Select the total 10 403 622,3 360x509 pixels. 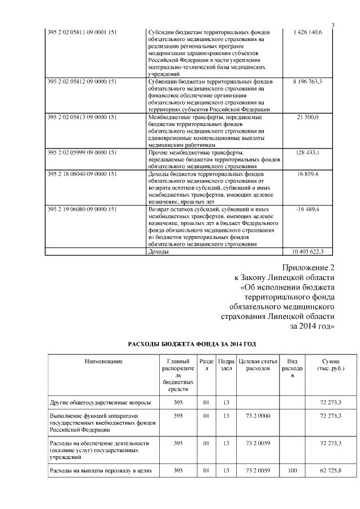tap(308, 251)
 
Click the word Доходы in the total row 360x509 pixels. tap(157, 251)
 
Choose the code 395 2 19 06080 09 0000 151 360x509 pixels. tap(83, 210)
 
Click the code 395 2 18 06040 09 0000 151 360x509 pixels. tap(83, 175)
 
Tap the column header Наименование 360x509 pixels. tap(103, 361)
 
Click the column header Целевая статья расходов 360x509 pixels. tap(257, 364)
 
